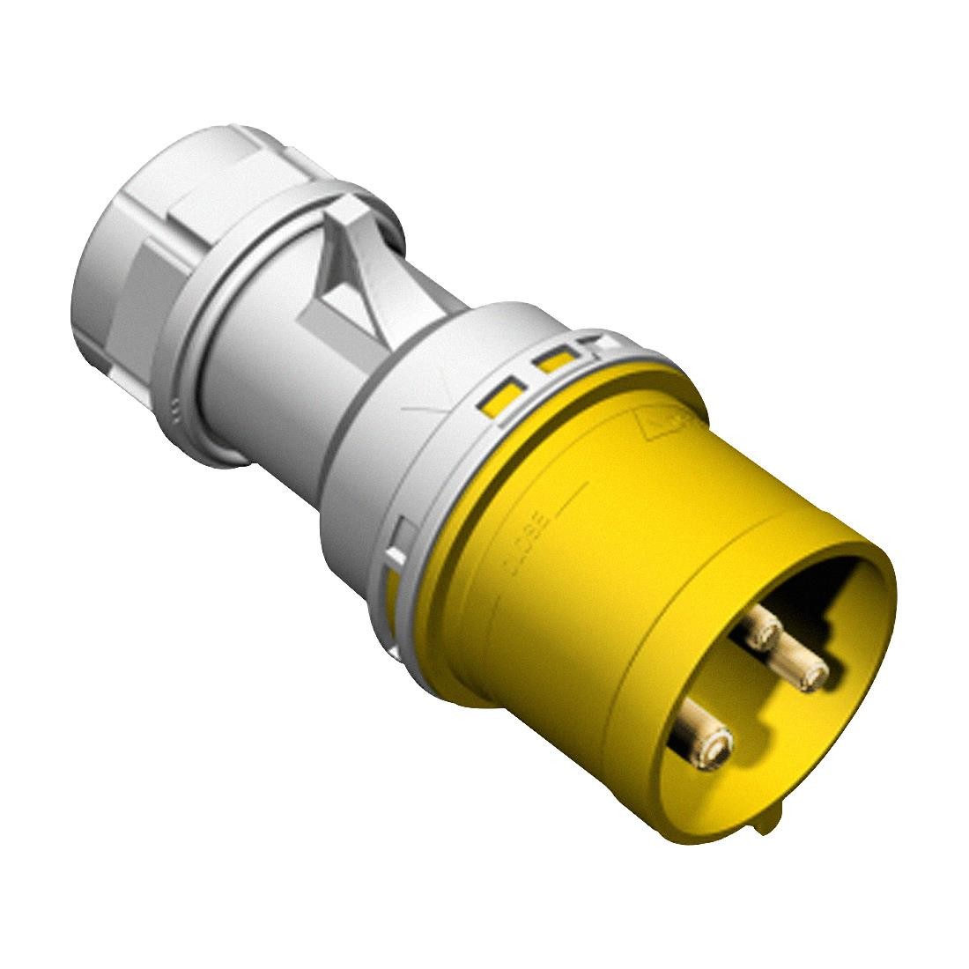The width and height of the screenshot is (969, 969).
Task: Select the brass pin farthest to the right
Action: pos(803,671)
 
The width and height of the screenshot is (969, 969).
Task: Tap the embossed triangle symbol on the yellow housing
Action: pos(669,427)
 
